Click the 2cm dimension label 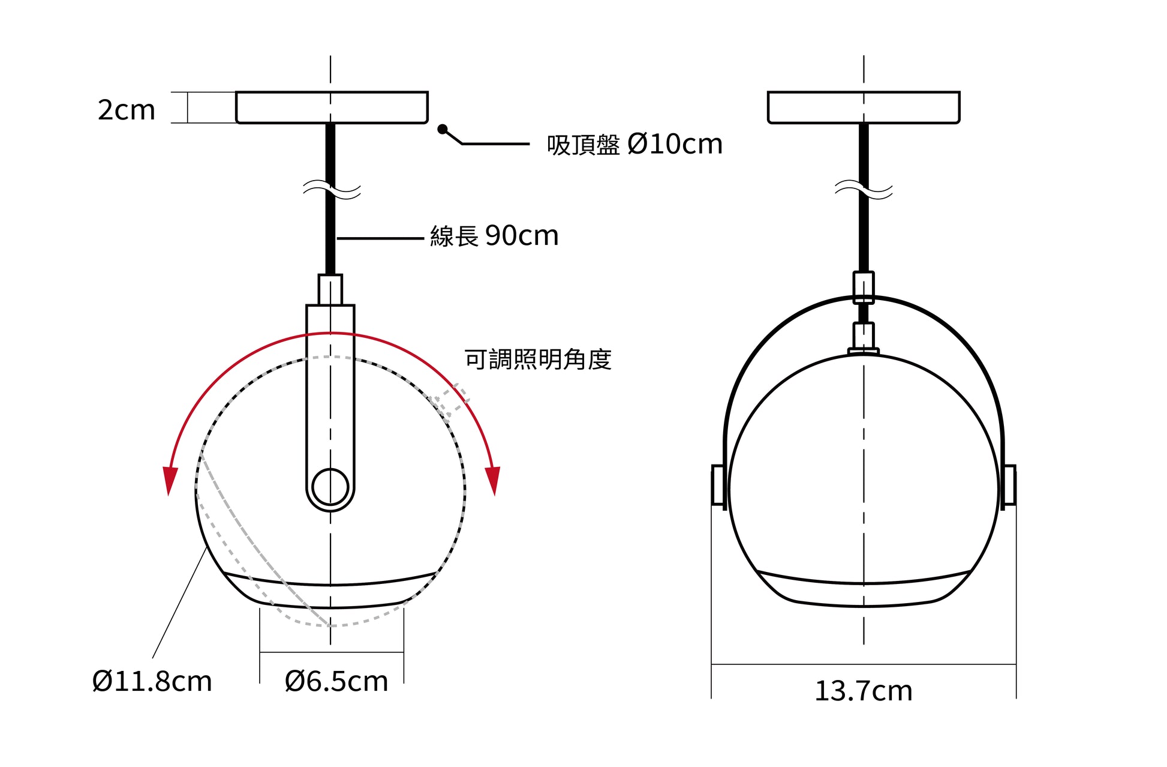coord(127,110)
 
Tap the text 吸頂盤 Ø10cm coord(634,145)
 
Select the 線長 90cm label coord(494,236)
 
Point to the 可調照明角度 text coord(538,359)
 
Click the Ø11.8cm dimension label coord(152,682)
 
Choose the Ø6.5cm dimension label coord(336,682)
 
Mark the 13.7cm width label coord(864,691)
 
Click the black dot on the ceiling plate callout coord(443,129)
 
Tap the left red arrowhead coord(170,481)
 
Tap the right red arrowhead coord(493,481)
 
